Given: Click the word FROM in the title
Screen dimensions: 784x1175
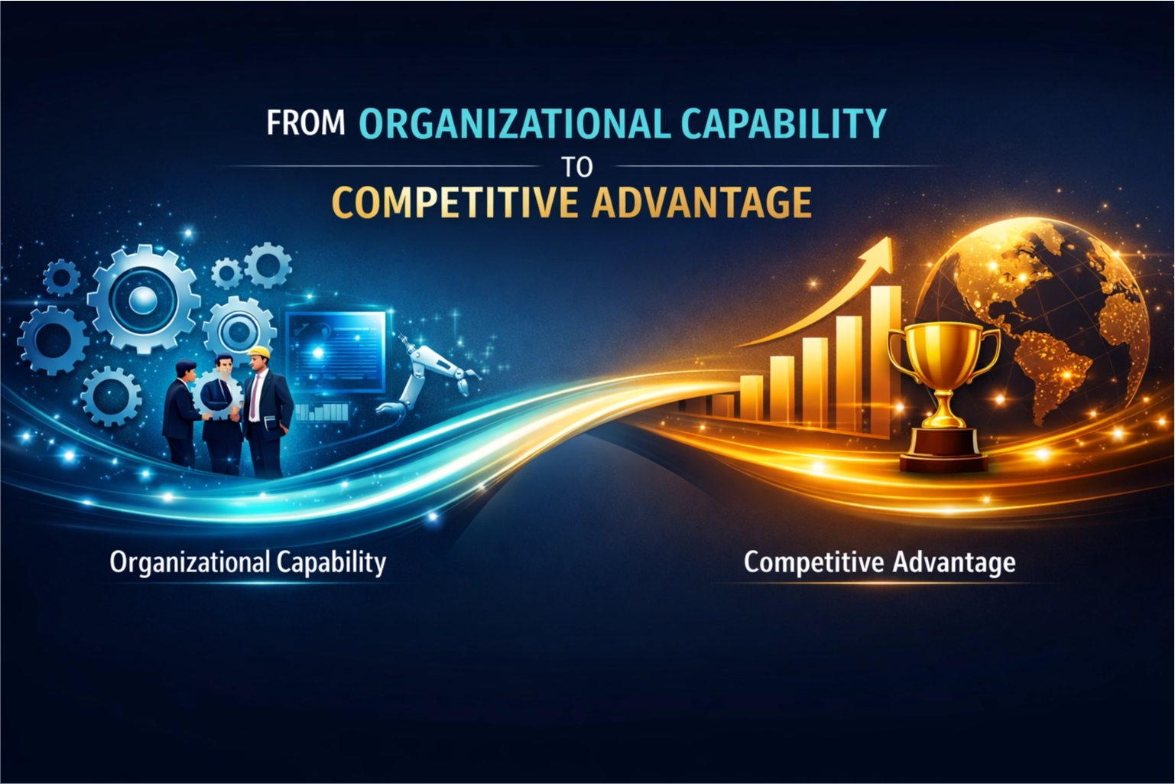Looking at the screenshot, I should coord(306,124).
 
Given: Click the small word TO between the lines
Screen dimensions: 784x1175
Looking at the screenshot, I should coord(576,166).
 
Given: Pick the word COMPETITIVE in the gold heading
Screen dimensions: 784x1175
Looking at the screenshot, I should coord(456,203).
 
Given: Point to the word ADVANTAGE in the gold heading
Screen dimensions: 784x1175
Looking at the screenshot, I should coord(703,203).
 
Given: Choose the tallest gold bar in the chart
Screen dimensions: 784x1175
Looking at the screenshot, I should coord(885,359).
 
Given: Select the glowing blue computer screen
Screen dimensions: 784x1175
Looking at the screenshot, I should coord(336,352).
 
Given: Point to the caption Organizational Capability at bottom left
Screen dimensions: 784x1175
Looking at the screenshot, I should coord(248,563).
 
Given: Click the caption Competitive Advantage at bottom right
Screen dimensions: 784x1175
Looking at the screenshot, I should coord(879,563).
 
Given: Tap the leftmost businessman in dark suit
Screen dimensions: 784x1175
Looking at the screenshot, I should coord(180,413).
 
